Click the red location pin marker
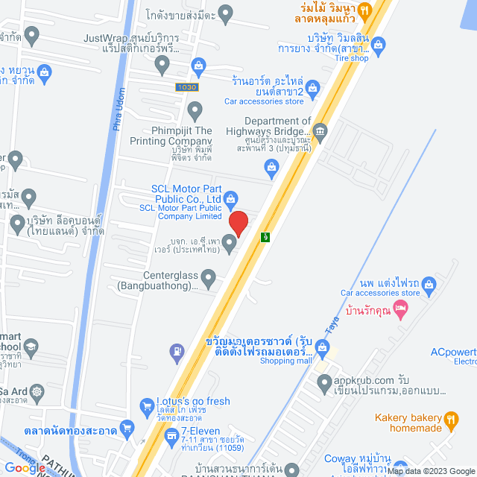coord(238,223)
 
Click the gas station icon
coord(177,350)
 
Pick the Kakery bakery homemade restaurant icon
coord(450,421)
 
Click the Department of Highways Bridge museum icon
coord(320,133)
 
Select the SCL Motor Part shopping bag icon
coord(231,198)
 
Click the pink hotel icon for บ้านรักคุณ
coord(401,308)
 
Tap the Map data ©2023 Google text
coord(430,471)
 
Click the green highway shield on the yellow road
coord(265,237)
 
